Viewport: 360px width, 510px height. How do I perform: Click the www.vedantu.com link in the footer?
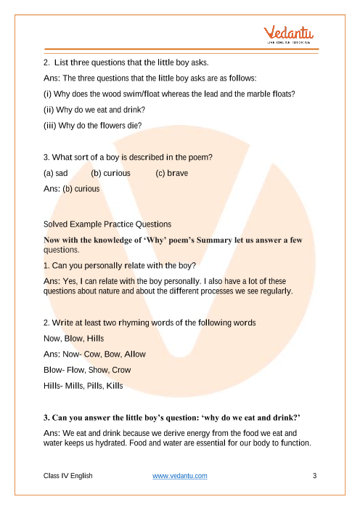point(180,476)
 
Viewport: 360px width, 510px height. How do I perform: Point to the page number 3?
point(314,476)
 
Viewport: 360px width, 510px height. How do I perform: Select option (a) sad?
point(57,174)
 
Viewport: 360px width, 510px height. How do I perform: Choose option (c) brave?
point(172,174)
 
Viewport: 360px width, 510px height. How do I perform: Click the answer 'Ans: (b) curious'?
point(72,189)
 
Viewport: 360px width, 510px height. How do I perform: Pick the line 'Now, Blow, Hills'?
point(74,339)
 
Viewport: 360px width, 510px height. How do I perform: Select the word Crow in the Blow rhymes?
point(134,369)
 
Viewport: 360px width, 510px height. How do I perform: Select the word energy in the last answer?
point(189,432)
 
